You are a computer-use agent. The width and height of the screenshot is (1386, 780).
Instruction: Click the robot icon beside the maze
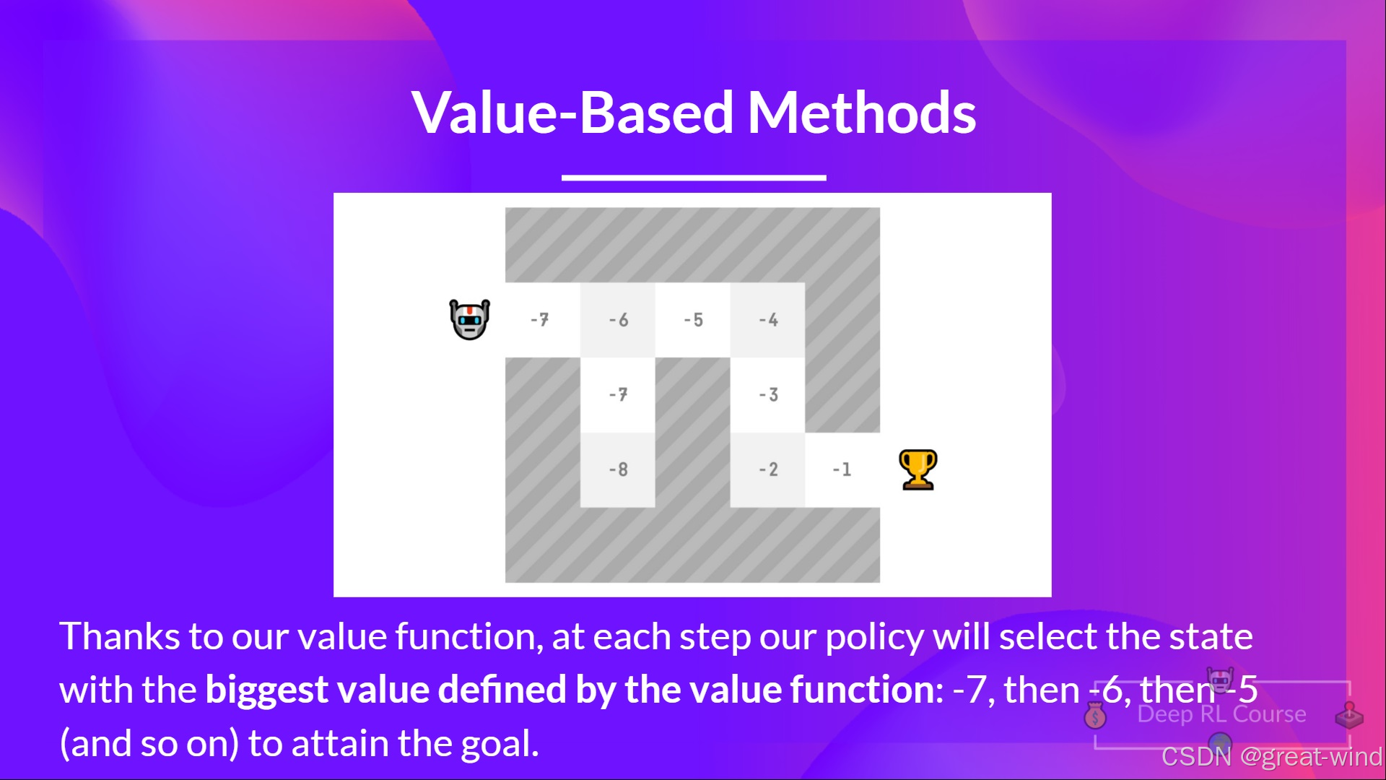coord(469,319)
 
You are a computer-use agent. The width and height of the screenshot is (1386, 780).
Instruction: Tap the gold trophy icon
coord(918,469)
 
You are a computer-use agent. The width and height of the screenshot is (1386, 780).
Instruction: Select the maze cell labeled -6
coord(618,320)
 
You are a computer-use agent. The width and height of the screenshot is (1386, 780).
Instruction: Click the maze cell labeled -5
coord(693,320)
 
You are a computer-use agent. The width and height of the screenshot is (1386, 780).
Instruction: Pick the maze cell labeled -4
coord(768,320)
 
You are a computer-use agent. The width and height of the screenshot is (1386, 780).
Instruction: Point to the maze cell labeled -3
coord(768,395)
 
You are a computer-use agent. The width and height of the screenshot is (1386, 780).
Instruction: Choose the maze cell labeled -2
coord(768,470)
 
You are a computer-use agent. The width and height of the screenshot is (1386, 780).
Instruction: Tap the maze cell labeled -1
coord(842,470)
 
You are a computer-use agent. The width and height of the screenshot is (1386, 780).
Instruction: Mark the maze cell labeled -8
coord(618,470)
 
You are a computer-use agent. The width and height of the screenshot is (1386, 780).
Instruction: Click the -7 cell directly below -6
coord(618,395)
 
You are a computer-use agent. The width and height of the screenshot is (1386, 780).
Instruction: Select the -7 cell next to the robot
coord(543,320)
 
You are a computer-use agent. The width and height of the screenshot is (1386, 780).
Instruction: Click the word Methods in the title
coord(862,113)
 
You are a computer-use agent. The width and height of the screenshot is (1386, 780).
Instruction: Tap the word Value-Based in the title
coord(573,113)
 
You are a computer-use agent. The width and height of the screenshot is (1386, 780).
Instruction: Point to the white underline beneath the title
coord(694,177)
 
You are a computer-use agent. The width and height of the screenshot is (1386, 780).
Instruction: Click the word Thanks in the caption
coord(120,636)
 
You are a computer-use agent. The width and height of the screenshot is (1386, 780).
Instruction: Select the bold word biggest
coord(267,690)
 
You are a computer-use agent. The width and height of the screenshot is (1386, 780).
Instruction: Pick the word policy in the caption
coord(874,638)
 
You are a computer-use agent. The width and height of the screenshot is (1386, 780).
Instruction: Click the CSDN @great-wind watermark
coord(1272,756)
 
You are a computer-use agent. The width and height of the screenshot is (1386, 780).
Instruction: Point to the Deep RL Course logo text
coord(1221,714)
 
